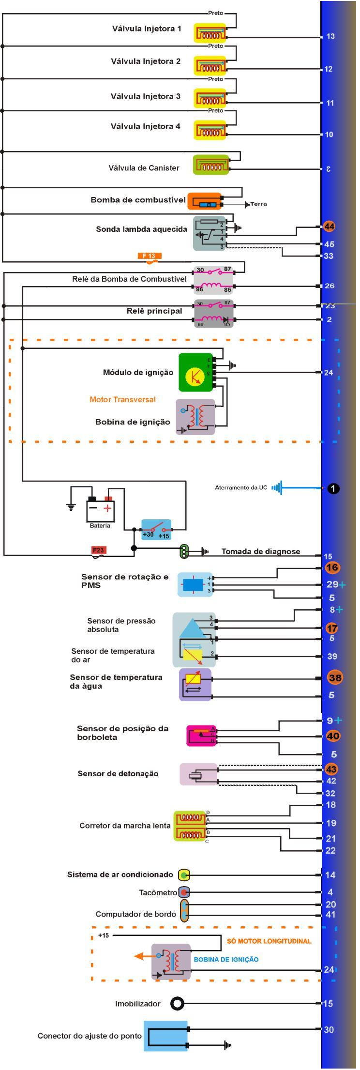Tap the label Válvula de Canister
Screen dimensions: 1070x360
144,168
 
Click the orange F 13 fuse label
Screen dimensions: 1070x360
149,256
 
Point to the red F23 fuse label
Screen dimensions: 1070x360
98,550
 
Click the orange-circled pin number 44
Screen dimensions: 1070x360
329,226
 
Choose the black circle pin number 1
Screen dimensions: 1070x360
333,488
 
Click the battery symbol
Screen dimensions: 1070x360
100,509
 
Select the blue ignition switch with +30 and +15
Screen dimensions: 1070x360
156,529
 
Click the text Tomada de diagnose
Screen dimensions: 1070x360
260,551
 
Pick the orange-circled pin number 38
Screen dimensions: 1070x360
335,678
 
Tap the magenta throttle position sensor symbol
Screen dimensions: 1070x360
200,736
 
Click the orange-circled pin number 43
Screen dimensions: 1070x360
331,769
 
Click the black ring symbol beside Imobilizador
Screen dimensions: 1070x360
177,1004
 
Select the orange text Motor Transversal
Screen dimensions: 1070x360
122,399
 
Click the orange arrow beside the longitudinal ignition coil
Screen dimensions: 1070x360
142,956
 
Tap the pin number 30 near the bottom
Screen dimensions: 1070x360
329,1029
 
